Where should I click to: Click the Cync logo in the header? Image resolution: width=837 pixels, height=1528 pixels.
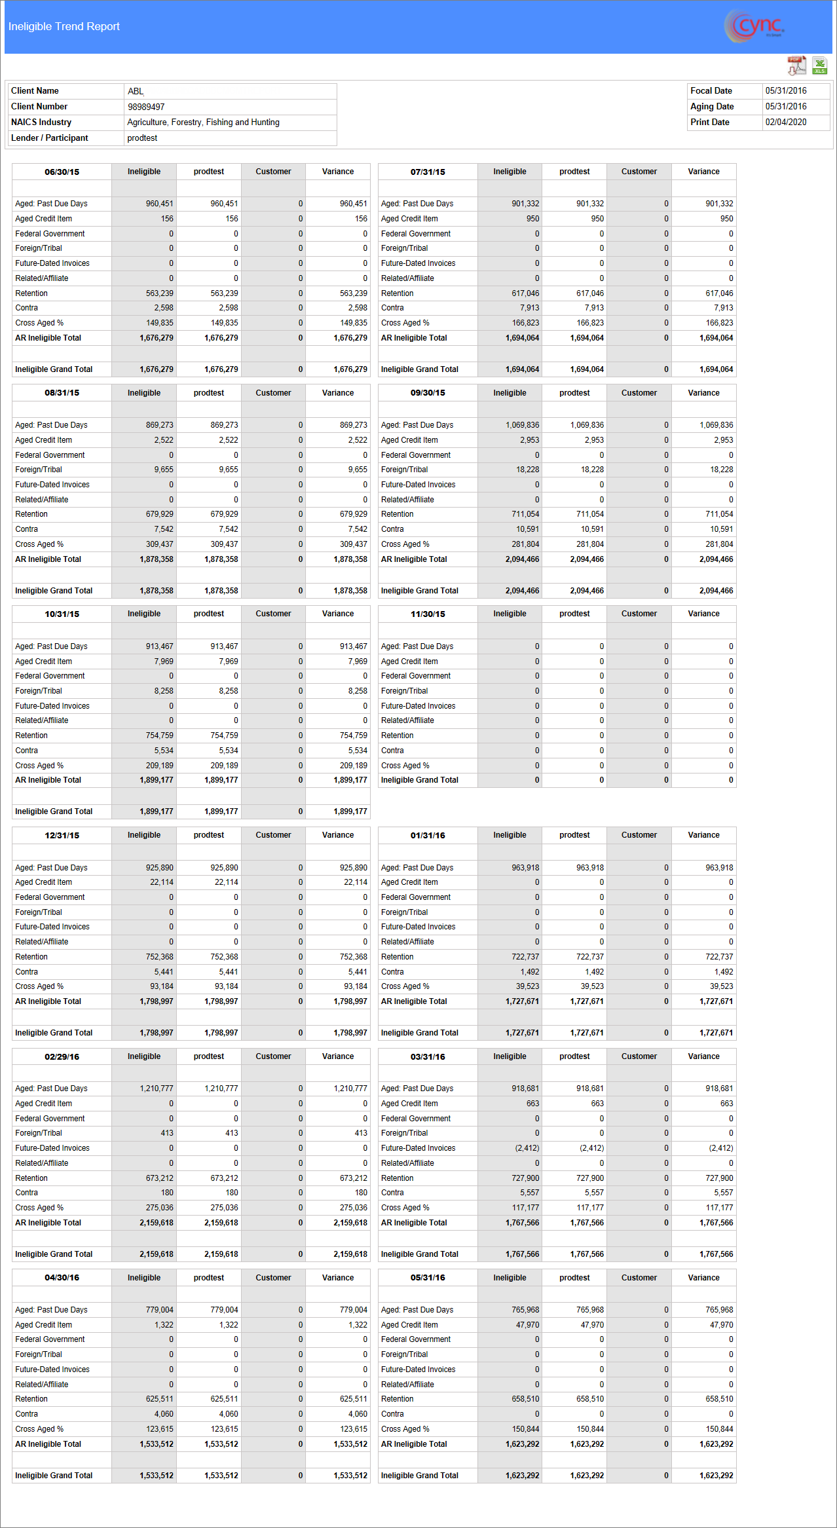coord(755,27)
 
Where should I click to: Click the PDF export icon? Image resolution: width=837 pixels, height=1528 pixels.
coord(796,65)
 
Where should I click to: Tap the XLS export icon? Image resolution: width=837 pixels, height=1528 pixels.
coord(819,65)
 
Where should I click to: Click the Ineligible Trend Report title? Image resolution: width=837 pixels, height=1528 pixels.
coord(64,27)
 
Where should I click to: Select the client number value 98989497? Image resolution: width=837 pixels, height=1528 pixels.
coord(146,107)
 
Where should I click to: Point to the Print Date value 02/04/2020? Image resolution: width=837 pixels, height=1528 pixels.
coord(786,122)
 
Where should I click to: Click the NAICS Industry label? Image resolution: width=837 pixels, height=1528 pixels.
coord(41,122)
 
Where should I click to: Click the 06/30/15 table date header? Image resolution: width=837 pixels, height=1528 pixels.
coord(62,172)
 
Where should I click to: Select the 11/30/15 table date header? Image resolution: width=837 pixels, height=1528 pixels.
coord(428,614)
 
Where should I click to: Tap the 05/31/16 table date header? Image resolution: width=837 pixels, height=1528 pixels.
coord(428,1278)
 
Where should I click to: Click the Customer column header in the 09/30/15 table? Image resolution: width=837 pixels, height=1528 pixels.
coord(639,393)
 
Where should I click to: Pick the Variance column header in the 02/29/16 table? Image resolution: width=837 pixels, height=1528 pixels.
coord(338,1056)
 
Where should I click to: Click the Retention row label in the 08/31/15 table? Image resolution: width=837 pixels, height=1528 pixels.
coord(31,514)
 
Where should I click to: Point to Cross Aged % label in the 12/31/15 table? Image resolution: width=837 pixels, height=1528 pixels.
coord(39,986)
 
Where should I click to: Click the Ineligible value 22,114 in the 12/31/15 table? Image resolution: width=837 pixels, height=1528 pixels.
coord(162,882)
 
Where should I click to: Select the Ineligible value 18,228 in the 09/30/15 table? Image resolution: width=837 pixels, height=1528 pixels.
coord(527,470)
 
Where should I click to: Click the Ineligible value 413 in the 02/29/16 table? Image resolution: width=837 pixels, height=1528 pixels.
coord(167,1133)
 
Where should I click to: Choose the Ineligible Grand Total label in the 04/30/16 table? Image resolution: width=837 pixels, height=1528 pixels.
coord(54,1476)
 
